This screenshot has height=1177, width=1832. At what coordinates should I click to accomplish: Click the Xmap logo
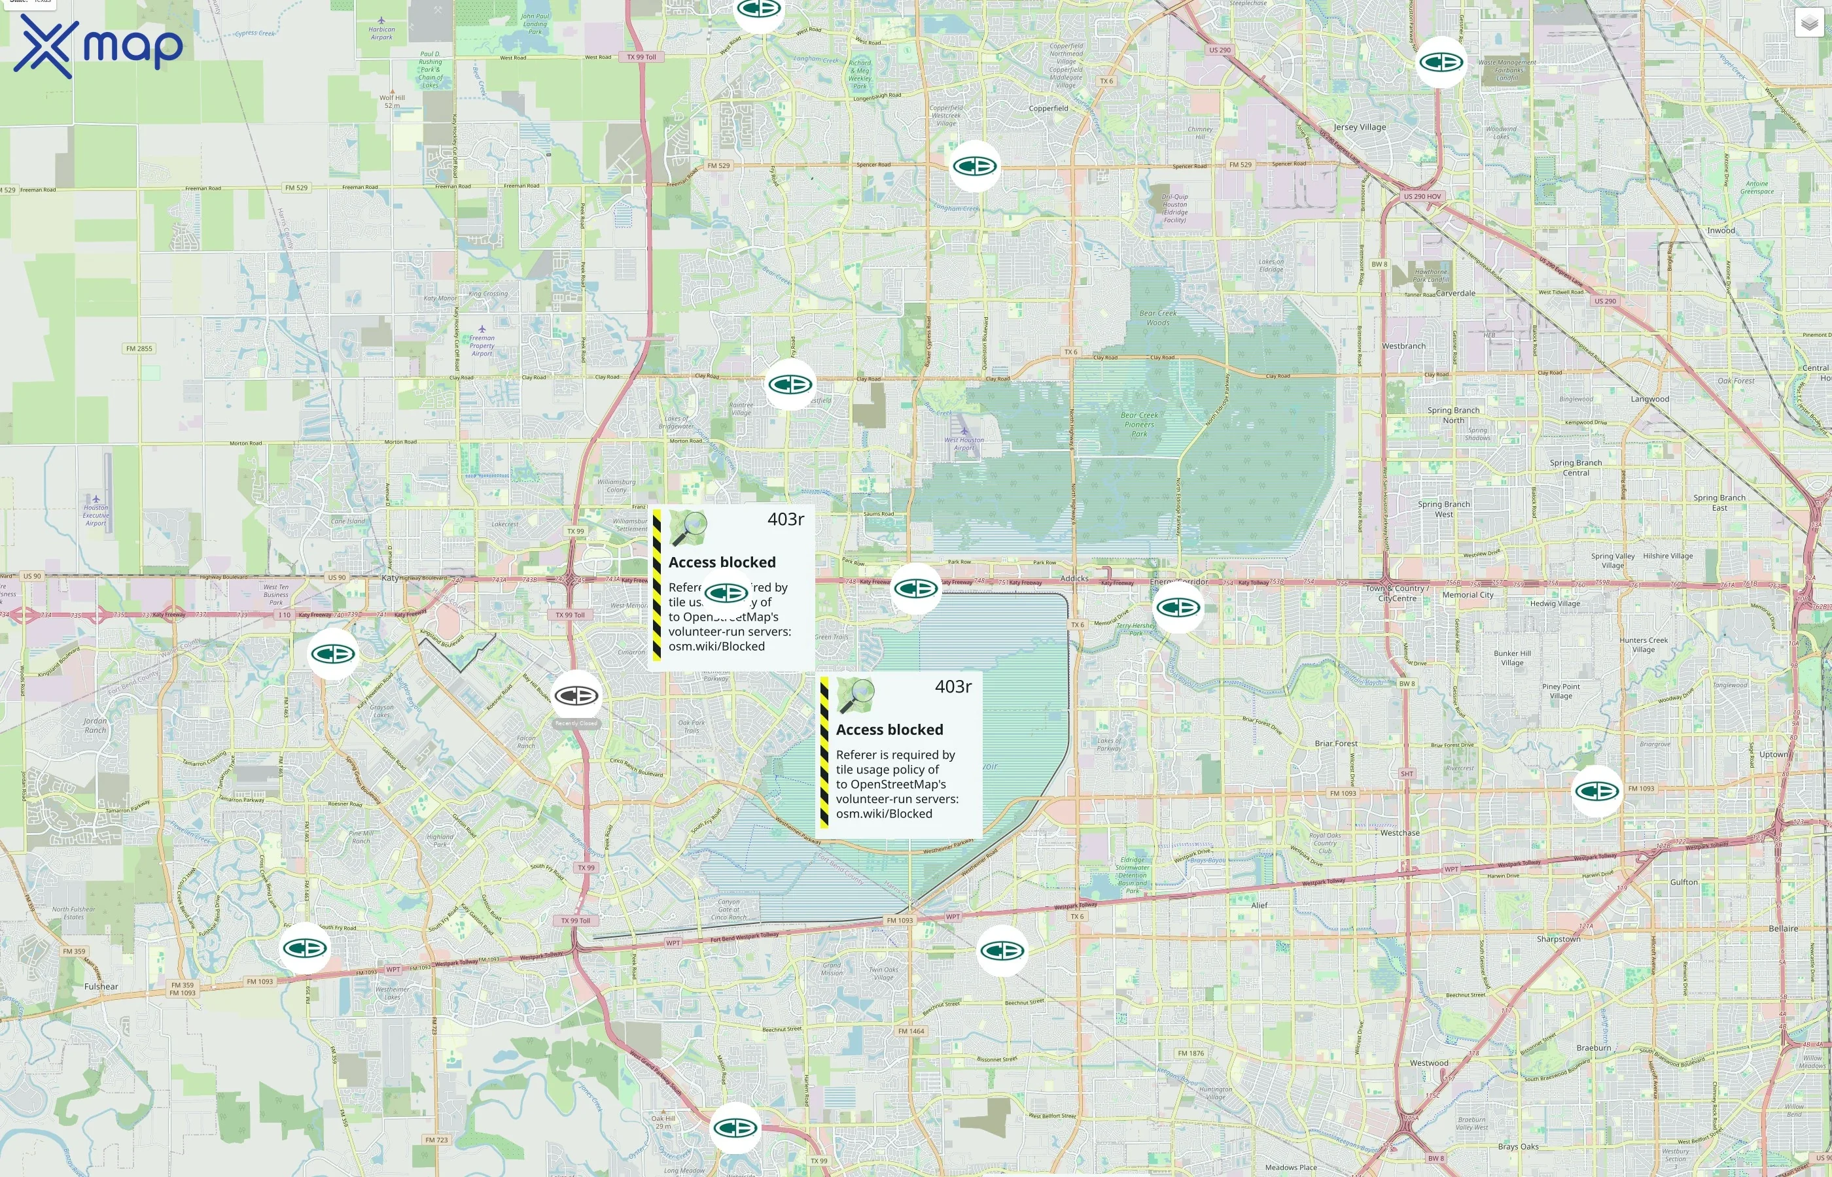[x=98, y=46]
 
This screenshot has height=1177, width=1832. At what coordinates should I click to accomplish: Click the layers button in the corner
[x=1809, y=23]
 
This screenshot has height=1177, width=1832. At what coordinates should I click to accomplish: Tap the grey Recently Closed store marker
[x=576, y=696]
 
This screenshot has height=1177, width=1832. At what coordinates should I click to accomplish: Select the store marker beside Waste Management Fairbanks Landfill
[x=1441, y=62]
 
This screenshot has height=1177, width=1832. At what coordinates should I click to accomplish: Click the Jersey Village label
[x=1360, y=128]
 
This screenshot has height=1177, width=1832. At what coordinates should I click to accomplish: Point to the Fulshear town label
[x=101, y=987]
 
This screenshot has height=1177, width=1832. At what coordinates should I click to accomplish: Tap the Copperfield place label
[x=1048, y=109]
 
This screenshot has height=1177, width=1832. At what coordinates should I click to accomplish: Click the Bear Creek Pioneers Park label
[x=1139, y=424]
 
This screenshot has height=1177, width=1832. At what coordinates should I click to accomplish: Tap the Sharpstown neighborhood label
[x=1559, y=938]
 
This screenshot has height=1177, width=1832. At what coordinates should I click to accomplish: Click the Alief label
[x=1259, y=905]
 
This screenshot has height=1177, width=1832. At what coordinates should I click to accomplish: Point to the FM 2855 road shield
[x=139, y=349]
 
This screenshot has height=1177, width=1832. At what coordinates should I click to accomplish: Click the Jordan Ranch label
[x=96, y=725]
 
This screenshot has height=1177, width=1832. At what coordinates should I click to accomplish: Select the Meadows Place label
[x=1291, y=1167]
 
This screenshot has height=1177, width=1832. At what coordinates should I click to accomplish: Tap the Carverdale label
[x=1456, y=294]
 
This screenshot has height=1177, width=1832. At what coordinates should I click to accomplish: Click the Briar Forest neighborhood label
[x=1337, y=743]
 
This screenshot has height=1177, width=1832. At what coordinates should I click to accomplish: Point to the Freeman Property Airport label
[x=482, y=345]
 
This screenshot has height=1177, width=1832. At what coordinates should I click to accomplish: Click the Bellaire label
[x=1783, y=929]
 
